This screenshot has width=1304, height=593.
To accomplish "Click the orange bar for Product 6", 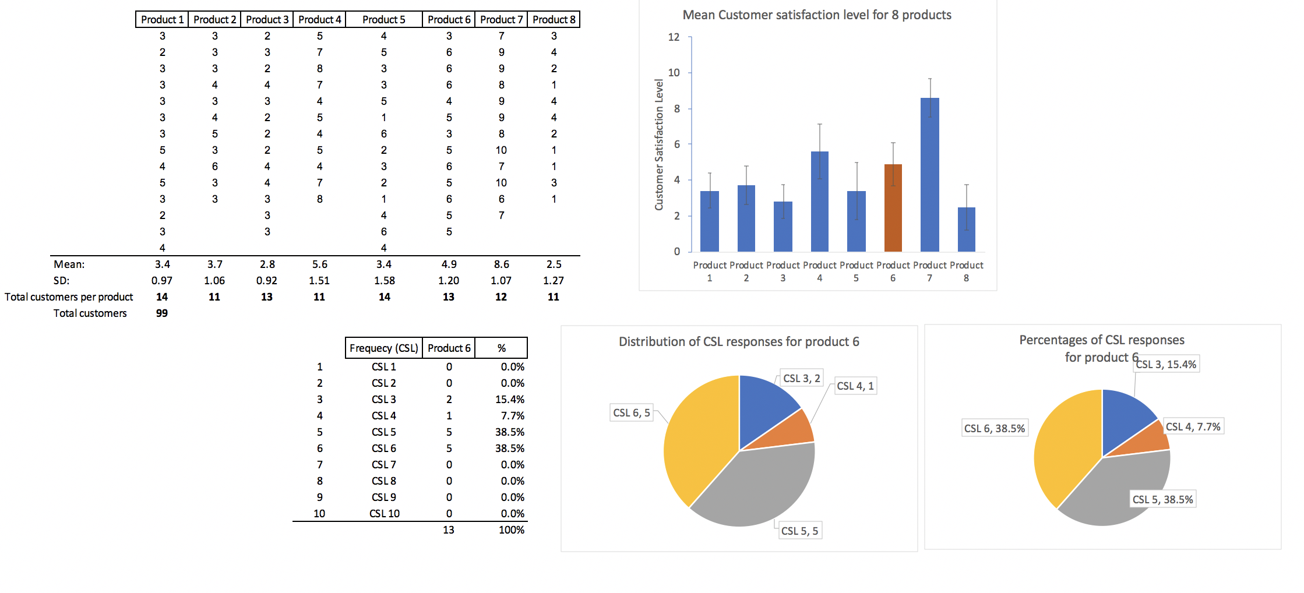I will (893, 208).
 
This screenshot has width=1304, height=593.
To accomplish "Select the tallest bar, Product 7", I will (929, 175).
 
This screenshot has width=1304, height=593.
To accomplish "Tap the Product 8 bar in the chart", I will (966, 230).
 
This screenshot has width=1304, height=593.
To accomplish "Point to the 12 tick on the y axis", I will (674, 37).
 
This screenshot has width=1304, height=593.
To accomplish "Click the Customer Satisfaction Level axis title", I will (659, 144).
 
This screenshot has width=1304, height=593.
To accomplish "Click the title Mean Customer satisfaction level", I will (816, 15).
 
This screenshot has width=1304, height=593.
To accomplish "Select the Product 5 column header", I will (383, 20).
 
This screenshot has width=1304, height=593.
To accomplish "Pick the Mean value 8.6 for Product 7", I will (501, 264).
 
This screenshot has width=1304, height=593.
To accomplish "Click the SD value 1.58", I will (384, 281).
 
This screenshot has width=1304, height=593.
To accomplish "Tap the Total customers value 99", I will (162, 313).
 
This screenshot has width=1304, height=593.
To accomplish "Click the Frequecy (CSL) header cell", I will (383, 348).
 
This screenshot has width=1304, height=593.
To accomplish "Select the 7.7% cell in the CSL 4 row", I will (512, 416).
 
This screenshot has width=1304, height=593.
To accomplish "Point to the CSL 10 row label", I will (385, 514).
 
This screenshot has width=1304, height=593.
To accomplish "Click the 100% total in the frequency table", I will (511, 530).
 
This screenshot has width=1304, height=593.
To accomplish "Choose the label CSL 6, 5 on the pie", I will (631, 413).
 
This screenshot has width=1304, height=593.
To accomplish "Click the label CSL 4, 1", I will (855, 386).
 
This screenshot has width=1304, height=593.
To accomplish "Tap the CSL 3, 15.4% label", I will (1166, 365).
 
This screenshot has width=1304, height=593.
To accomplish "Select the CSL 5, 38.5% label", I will (1162, 500).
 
